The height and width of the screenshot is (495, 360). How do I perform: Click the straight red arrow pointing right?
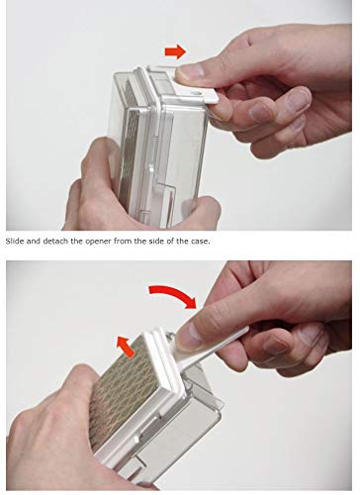(x=175, y=51)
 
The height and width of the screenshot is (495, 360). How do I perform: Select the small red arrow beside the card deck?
(x=126, y=346)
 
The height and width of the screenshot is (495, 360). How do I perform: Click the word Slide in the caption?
(x=15, y=242)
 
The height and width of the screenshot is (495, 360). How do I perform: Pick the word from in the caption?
(x=123, y=242)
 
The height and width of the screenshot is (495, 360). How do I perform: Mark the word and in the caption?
(x=33, y=242)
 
